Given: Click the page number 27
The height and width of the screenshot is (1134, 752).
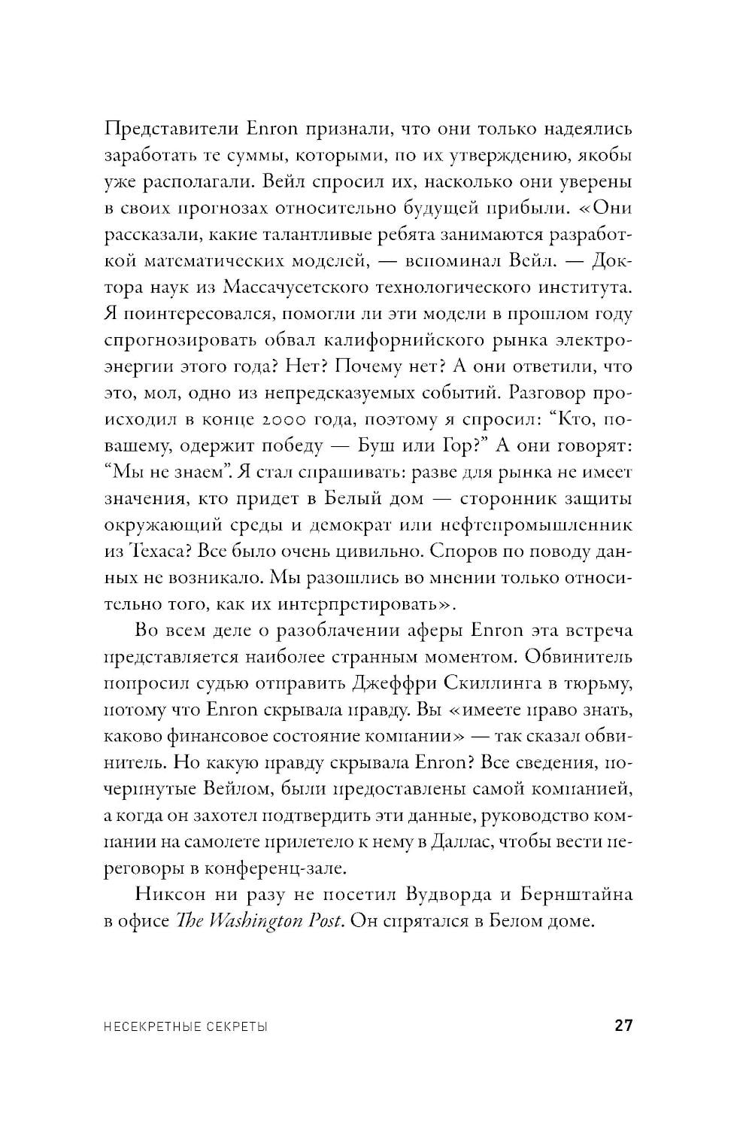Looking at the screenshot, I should point(623,1025).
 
